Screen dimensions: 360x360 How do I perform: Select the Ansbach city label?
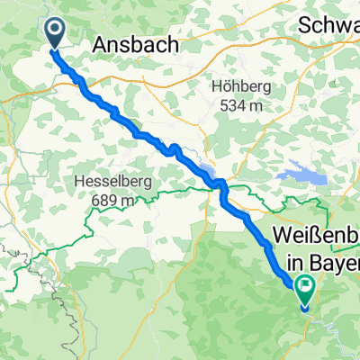(x=134, y=43)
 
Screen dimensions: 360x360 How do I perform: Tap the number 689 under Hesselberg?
(x=102, y=200)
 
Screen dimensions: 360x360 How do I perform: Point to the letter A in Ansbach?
(x=101, y=43)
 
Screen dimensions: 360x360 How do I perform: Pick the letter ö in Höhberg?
(x=224, y=87)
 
